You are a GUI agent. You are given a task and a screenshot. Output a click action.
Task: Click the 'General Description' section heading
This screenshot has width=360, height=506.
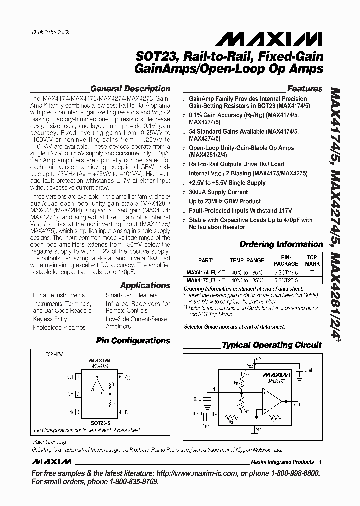130,89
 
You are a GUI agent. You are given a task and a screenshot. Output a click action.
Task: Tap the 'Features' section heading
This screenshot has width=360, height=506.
305,89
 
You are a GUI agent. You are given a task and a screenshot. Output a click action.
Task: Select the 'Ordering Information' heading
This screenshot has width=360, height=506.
281,244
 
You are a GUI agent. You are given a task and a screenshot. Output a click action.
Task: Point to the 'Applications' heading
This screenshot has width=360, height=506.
145,285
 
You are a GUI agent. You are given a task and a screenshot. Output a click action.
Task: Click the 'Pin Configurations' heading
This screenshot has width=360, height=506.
133,341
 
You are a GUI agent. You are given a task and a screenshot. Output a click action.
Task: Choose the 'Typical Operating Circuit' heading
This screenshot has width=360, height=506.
272,345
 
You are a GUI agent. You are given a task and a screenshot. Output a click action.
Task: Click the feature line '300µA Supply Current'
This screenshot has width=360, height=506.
218,192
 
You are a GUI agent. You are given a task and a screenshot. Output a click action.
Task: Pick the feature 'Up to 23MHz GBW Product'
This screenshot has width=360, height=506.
225,201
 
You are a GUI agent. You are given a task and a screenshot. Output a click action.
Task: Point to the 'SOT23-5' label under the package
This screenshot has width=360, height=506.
100,423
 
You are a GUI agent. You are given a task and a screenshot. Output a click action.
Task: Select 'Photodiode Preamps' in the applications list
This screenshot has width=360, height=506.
59,328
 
